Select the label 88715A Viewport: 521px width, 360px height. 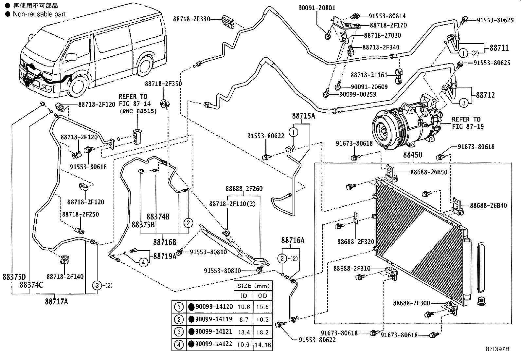303,116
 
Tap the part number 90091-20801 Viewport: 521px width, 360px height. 317,8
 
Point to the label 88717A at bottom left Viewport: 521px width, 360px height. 57,301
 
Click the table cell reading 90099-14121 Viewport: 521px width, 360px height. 214,332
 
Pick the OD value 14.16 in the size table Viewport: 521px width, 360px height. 262,344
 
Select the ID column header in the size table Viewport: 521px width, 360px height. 244,296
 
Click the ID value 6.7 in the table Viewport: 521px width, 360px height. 244,319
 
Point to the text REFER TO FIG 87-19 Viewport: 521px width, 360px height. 466,123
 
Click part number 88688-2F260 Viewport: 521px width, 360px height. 244,189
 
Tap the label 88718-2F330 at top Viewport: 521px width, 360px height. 191,19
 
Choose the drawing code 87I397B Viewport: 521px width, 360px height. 498,349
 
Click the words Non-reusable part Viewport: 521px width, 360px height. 39,14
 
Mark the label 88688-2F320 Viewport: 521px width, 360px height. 355,242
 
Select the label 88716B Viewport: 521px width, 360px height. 165,242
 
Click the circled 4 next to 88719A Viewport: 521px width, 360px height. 143,262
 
